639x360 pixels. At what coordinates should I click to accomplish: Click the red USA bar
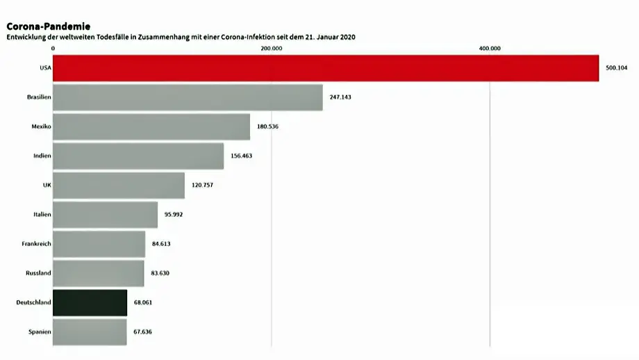325,68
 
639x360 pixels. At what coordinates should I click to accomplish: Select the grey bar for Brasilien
188,97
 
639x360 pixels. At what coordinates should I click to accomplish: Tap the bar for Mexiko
151,126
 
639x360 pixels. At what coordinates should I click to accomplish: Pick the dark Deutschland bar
90,302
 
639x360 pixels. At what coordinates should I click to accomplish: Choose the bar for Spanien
90,332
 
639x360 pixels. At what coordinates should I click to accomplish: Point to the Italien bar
105,215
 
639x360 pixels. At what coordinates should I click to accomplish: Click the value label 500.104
617,68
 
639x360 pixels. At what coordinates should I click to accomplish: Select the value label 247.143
340,97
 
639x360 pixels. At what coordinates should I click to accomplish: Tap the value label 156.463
241,156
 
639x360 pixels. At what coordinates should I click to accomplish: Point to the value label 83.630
160,273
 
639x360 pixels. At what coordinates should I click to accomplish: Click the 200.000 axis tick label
271,48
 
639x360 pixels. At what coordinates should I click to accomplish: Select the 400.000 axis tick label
490,48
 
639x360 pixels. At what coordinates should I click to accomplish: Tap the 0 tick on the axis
53,48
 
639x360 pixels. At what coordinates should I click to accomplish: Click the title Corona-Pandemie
49,26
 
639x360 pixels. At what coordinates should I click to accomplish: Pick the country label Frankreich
37,244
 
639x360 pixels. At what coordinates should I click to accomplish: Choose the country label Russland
38,273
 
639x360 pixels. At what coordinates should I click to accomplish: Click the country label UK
47,186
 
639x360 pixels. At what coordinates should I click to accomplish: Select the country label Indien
42,156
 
